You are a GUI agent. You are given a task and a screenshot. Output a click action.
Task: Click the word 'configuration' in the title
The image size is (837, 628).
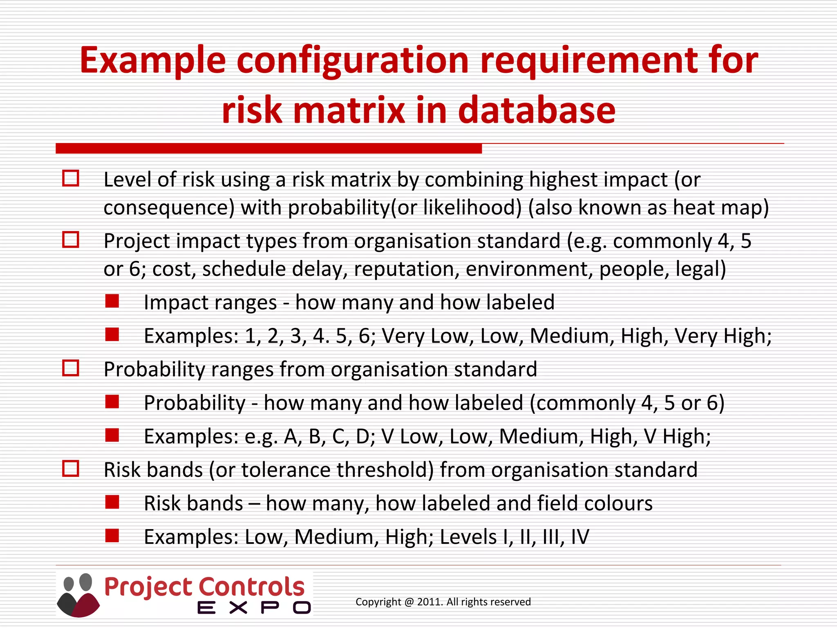click(352, 61)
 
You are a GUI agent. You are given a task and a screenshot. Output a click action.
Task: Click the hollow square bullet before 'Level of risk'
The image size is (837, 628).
click(71, 179)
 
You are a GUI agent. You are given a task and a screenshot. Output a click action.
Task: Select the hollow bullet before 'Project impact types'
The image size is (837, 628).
click(71, 240)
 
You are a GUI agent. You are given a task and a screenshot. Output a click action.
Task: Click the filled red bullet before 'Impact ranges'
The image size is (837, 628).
click(112, 301)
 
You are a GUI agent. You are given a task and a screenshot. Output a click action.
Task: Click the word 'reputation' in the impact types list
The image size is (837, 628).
click(406, 269)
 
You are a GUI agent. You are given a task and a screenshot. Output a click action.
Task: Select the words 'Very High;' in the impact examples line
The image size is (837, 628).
click(723, 336)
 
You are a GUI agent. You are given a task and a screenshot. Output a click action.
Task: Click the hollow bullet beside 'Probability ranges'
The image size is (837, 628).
click(71, 368)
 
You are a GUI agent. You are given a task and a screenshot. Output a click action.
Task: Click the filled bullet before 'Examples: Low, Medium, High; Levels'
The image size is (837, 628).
click(112, 536)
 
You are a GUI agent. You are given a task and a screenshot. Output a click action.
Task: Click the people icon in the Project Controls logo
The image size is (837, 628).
click(78, 595)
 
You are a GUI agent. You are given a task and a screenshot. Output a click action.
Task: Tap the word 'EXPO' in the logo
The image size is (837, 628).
click(254, 608)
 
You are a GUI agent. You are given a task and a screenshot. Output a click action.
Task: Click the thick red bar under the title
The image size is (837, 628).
click(269, 148)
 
